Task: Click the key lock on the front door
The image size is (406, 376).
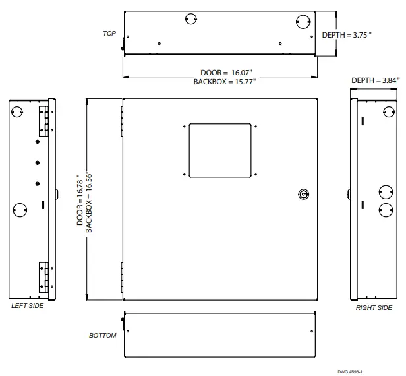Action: pos(303,194)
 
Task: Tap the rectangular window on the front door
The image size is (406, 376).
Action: pos(221,150)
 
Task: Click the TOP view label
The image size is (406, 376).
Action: pos(109,32)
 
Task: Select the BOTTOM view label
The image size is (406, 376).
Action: pos(103,336)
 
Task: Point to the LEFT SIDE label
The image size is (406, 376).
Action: pos(28,307)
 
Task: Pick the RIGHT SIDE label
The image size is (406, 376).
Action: pos(374,308)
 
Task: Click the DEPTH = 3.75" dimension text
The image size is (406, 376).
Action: pos(347,35)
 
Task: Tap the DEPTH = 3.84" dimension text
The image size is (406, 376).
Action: pos(375,80)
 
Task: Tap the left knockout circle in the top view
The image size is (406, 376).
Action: pos(190,20)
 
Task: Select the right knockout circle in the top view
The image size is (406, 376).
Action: pos(302,20)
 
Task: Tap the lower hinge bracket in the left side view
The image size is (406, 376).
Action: pos(44,275)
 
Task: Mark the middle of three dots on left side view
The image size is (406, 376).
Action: pos(38,162)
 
